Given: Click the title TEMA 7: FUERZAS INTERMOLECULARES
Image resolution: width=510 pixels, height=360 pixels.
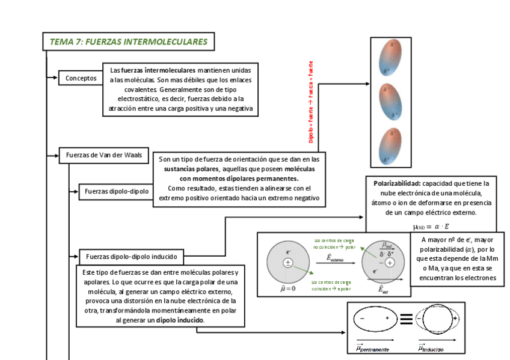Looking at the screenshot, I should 128,42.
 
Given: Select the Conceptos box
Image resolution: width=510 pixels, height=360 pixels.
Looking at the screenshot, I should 81,78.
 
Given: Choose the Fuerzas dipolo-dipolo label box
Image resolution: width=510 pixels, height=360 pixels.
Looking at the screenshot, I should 117,192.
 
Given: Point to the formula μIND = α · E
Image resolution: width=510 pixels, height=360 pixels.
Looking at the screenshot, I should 431,227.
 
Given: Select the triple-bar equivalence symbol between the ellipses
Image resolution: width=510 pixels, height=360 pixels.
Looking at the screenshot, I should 406,320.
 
